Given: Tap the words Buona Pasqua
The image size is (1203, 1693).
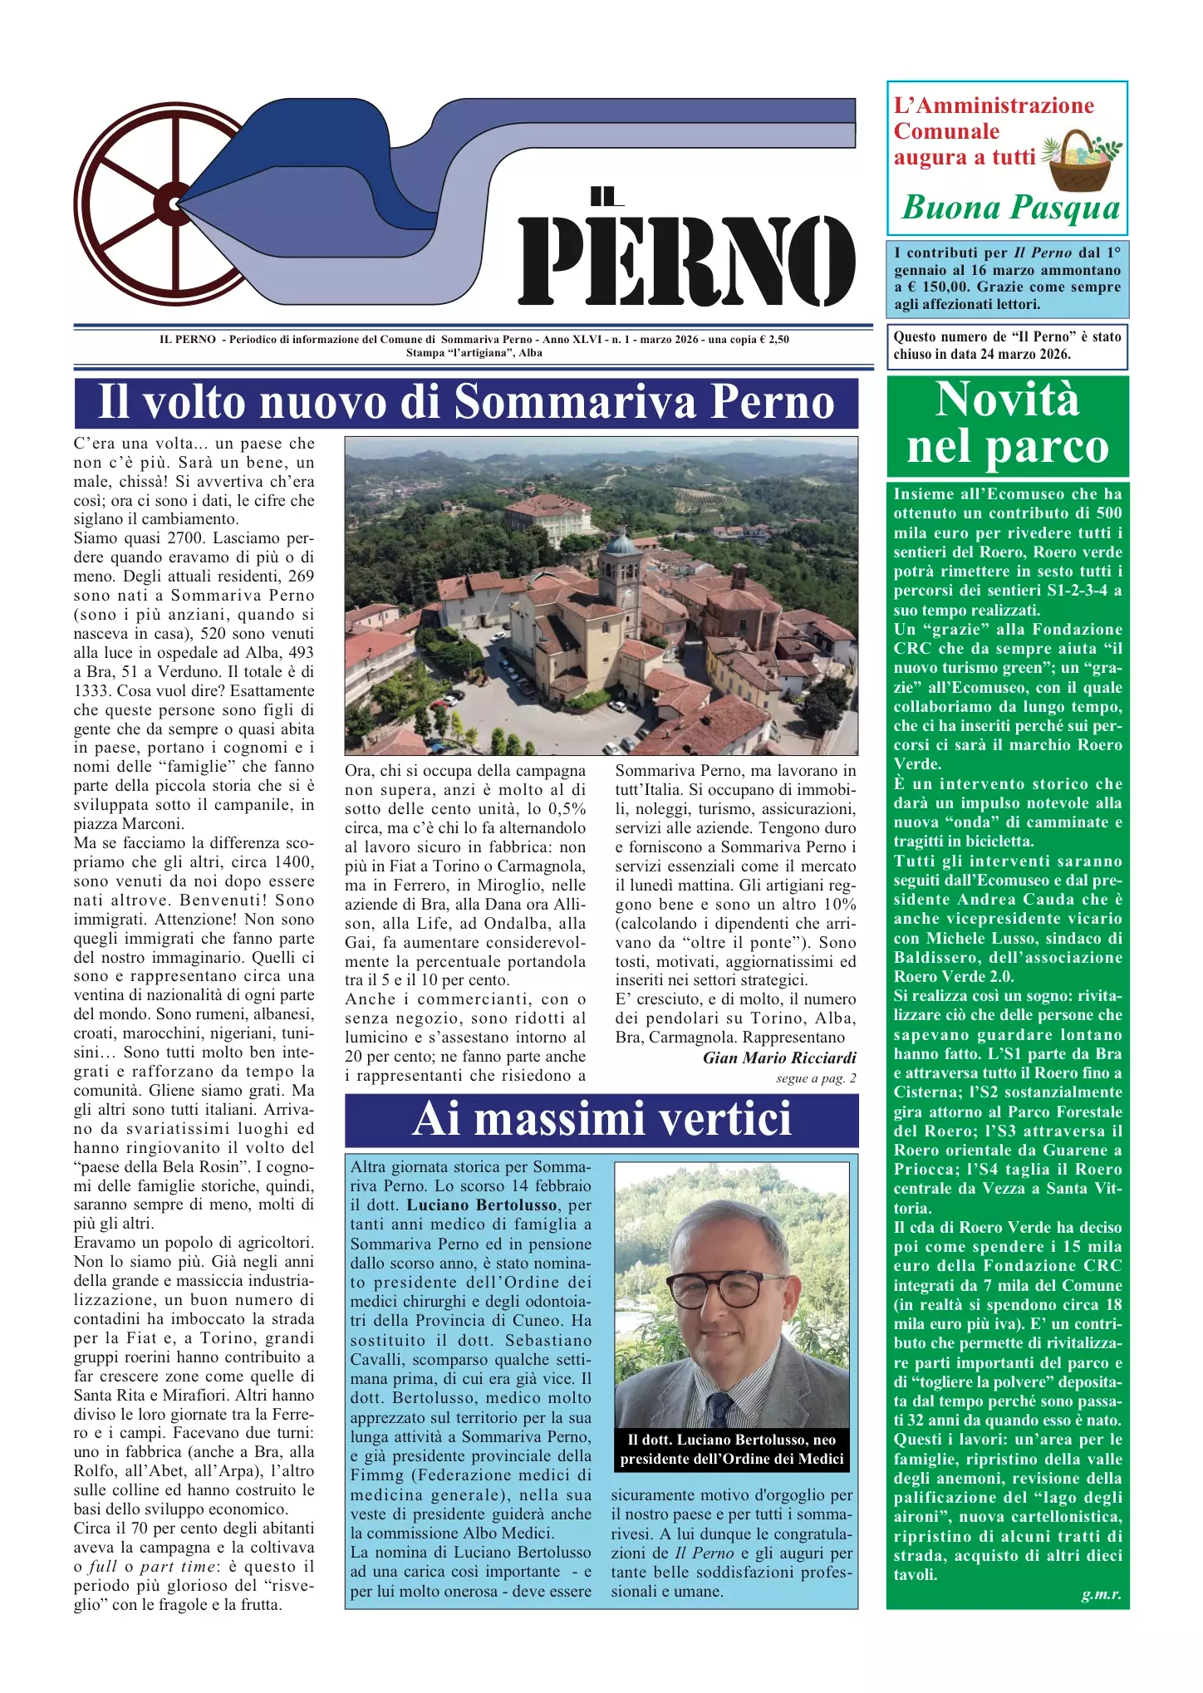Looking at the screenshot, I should tap(1011, 208).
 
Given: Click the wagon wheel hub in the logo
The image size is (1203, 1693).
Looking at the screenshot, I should tap(173, 204).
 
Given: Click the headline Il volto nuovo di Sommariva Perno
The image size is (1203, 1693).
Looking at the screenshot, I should tap(465, 403).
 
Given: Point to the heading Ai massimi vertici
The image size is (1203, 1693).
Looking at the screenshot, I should tap(601, 1119).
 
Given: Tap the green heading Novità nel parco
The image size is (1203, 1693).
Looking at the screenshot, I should tap(1008, 424).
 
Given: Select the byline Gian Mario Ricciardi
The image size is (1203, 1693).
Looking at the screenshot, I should tap(778, 1058).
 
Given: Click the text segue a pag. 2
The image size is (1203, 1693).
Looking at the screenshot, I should tap(815, 1078).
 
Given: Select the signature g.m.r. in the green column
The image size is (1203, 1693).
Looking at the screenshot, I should tap(1101, 1594).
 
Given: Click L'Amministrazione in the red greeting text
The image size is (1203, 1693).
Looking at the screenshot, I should tap(994, 106).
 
